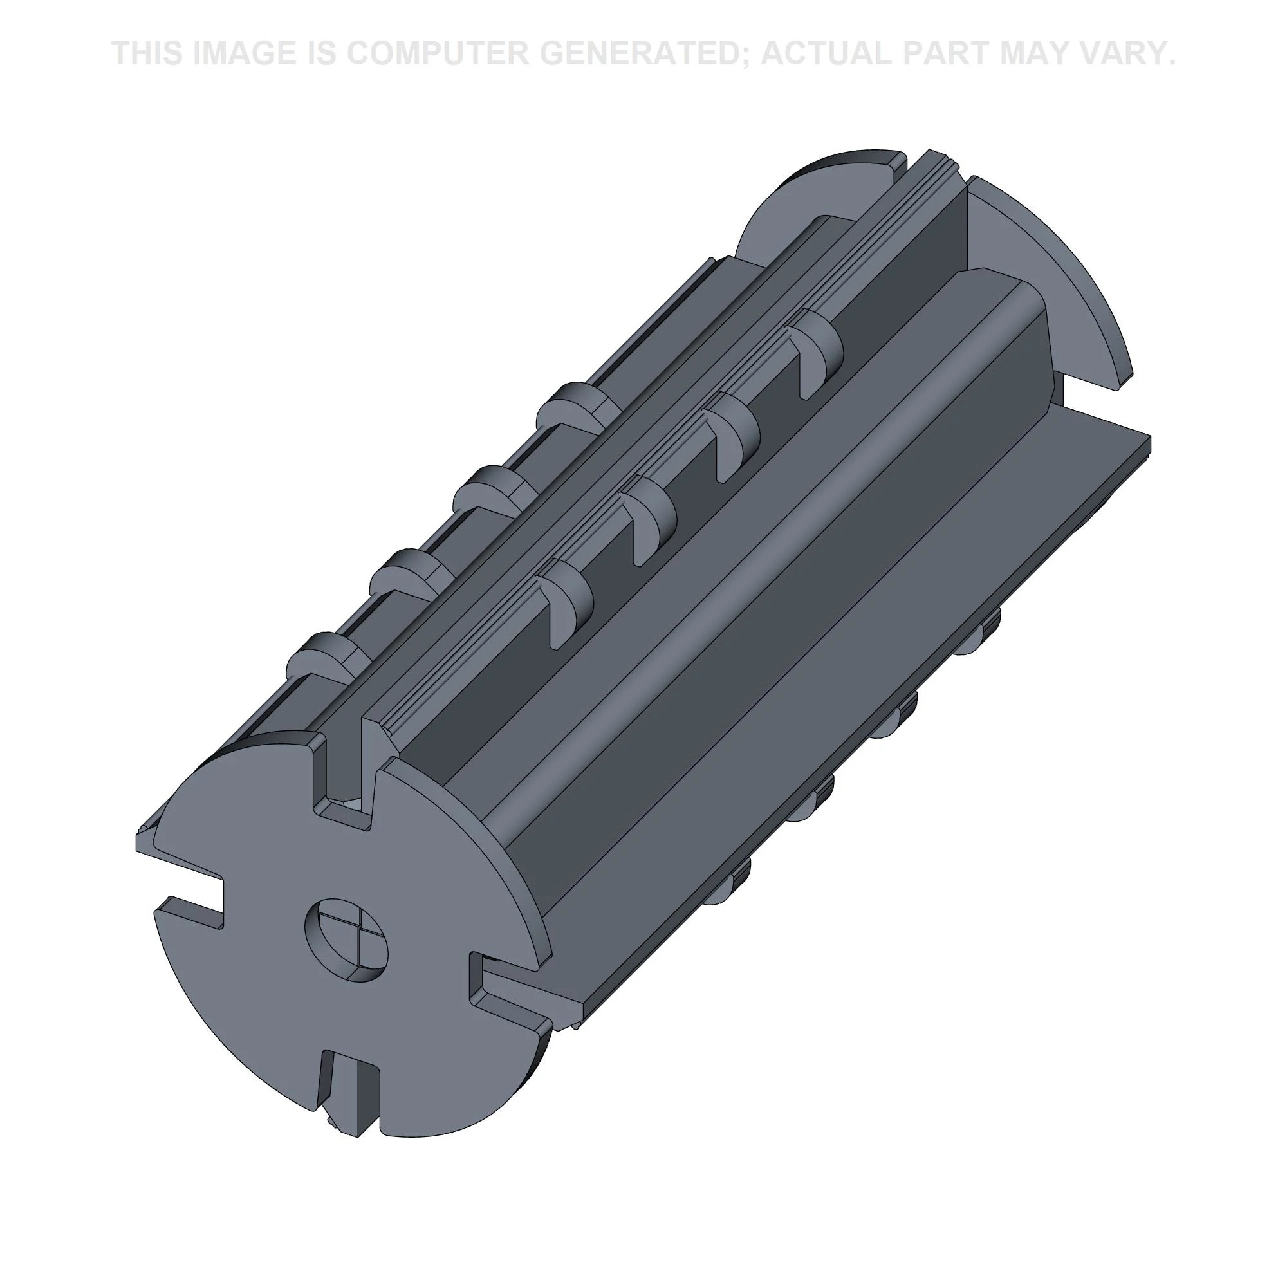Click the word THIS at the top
tap(147, 53)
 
